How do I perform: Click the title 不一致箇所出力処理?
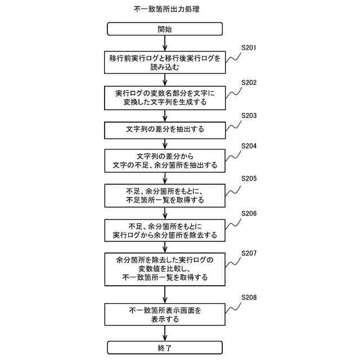(164, 10)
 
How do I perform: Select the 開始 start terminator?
(164, 29)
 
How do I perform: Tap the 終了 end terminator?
(164, 347)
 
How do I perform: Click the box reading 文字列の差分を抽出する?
(164, 129)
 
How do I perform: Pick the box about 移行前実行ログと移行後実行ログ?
(164, 62)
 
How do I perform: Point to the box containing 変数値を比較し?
(164, 268)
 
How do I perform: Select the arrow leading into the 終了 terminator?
(164, 333)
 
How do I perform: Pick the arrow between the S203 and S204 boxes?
(164, 143)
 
